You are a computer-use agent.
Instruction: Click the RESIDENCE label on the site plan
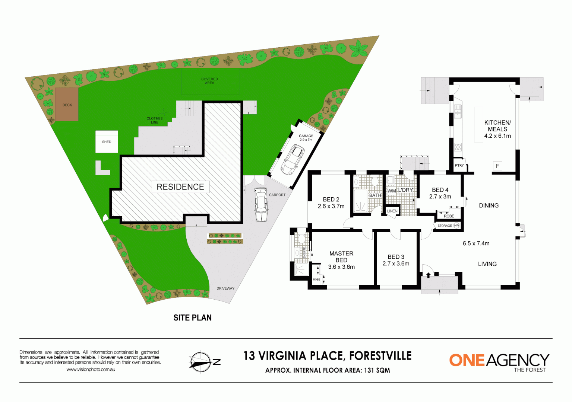180,187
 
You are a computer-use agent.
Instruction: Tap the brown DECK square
67,105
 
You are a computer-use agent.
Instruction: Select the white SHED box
107,141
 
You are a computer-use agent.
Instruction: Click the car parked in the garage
293,160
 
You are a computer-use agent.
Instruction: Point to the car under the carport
261,205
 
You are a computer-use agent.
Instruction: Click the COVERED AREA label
209,81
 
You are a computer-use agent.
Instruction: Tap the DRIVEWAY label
225,288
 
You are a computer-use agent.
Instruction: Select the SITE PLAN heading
192,318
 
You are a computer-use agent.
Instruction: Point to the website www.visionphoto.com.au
91,370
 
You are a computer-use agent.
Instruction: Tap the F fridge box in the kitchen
497,166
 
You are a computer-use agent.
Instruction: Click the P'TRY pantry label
459,166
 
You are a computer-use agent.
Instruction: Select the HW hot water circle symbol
456,226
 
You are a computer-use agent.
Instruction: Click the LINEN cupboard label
392,211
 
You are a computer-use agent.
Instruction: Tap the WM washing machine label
391,191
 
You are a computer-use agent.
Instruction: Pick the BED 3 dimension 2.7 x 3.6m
396,264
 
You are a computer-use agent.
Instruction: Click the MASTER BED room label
341,256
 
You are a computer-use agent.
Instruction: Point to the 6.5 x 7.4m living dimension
476,243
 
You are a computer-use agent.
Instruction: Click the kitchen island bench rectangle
478,124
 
